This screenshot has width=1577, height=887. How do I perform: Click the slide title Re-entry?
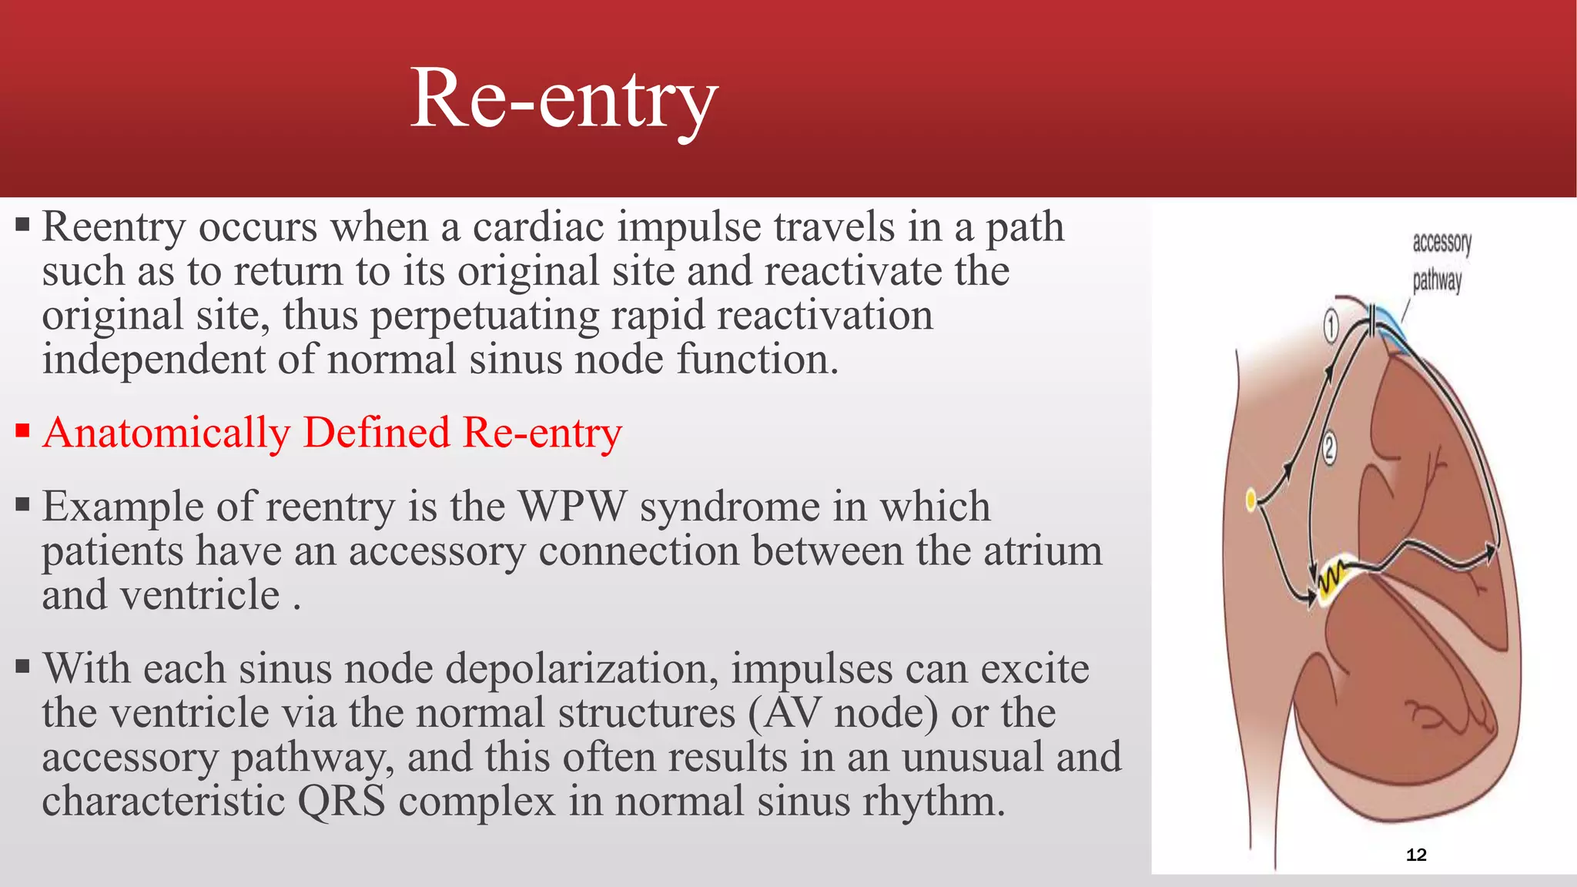tap(564, 100)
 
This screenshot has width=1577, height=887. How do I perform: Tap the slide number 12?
tap(1416, 855)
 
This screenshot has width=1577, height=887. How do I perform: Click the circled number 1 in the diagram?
tap(1331, 326)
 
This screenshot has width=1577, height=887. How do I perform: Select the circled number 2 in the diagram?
tap(1329, 448)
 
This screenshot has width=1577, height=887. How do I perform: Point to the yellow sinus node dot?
tap(1251, 500)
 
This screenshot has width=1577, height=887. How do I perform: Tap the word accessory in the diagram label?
tap(1441, 243)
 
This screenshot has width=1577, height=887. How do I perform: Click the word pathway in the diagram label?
tap(1437, 280)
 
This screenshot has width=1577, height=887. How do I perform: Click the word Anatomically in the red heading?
tap(166, 433)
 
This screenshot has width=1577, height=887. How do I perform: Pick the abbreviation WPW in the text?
tap(572, 507)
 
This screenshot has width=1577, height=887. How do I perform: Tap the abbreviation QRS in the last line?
tap(341, 801)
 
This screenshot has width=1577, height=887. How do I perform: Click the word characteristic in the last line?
tap(163, 801)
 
